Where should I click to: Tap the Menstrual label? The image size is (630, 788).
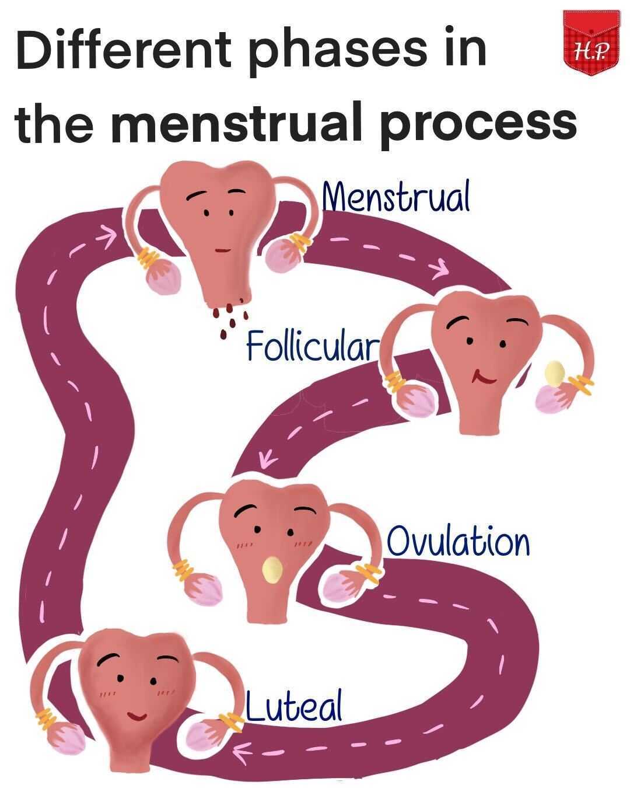[x=397, y=198]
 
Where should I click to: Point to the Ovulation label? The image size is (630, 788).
[x=459, y=542]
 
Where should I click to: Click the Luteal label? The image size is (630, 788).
[x=293, y=706]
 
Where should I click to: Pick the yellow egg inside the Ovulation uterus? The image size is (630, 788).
[x=272, y=569]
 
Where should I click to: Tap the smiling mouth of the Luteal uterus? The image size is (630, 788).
[x=138, y=714]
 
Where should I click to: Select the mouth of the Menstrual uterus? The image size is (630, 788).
[x=222, y=250]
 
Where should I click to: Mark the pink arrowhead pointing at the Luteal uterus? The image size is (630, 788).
[x=240, y=748]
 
